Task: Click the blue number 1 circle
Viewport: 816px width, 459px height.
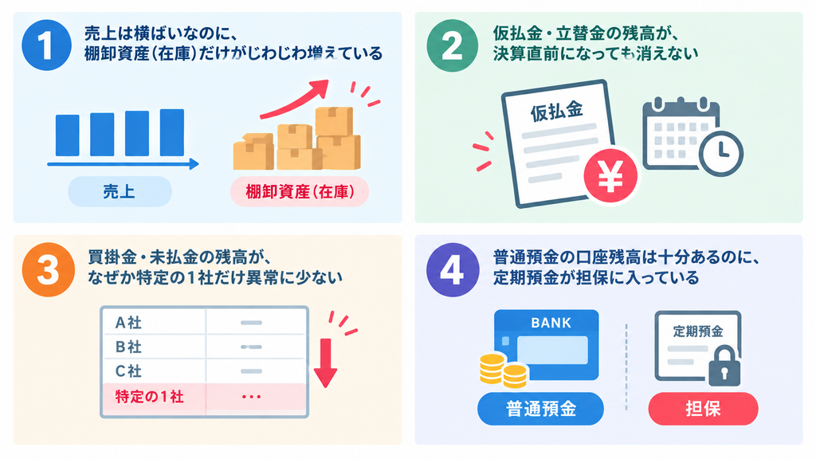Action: click(46, 45)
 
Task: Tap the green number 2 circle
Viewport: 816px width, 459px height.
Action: click(452, 45)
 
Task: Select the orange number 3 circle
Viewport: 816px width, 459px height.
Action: click(49, 269)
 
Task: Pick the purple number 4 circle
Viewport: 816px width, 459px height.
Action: click(453, 269)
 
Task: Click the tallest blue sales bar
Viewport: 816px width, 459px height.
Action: click(172, 133)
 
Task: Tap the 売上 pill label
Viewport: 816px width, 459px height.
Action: click(120, 191)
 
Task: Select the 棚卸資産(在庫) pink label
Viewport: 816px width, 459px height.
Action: click(300, 191)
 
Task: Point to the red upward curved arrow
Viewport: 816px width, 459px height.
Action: click(295, 99)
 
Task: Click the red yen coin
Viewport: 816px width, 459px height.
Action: click(610, 176)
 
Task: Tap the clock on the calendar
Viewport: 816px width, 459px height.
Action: click(720, 153)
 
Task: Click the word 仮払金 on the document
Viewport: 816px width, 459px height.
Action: click(556, 111)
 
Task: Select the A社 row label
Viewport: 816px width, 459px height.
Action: click(128, 323)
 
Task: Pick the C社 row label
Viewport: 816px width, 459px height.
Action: click(128, 371)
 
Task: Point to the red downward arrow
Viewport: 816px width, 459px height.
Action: click(325, 363)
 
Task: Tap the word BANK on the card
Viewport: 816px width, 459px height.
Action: click(551, 324)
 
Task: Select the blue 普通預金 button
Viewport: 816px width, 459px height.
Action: click(541, 409)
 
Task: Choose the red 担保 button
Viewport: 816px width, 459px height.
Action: click(703, 409)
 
